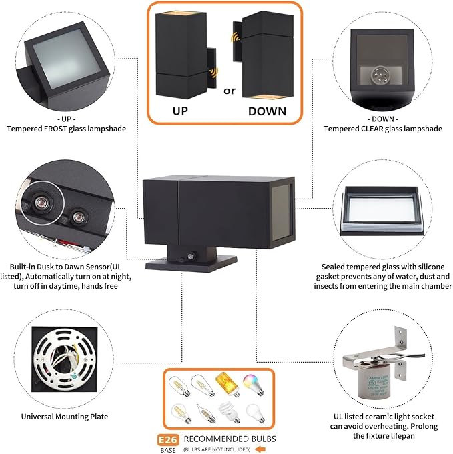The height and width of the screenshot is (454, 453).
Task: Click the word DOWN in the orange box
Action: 267,111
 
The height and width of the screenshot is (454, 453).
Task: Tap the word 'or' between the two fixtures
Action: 229,91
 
